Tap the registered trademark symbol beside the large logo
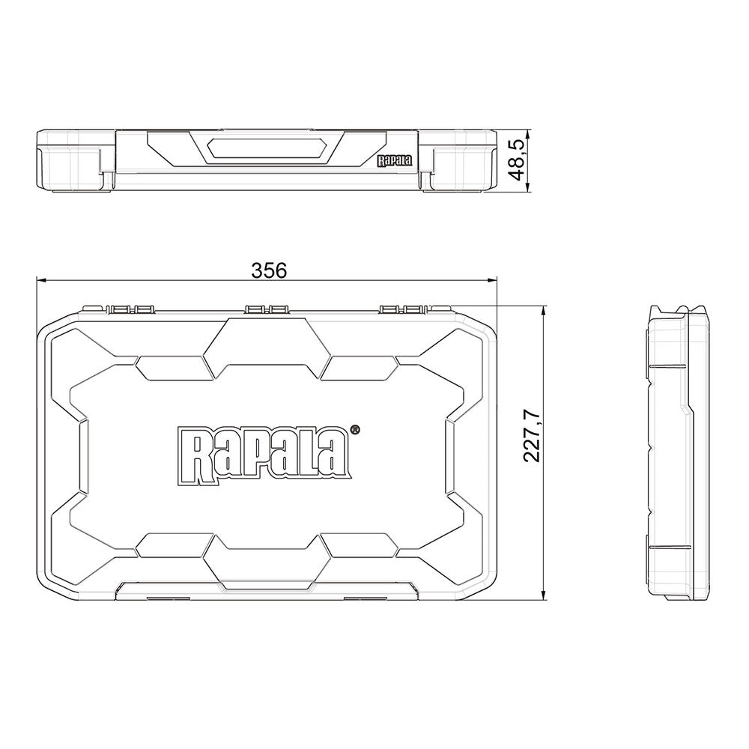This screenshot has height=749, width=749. click(x=355, y=430)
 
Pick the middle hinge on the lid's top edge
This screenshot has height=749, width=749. click(x=267, y=308)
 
